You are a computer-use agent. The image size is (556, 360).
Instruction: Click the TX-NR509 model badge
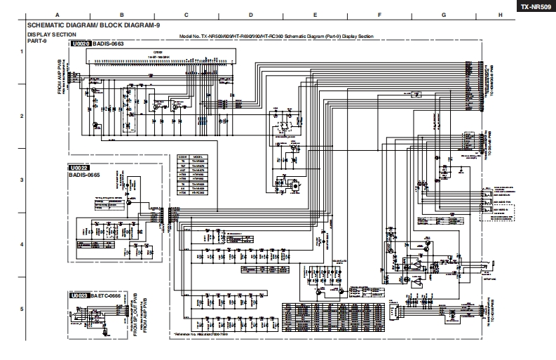(x=535, y=6)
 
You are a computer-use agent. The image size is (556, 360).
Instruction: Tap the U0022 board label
(x=79, y=168)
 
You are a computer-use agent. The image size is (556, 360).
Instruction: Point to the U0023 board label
(x=79, y=296)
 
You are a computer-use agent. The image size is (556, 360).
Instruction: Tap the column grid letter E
(x=315, y=15)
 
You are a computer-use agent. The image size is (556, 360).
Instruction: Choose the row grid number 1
(x=21, y=51)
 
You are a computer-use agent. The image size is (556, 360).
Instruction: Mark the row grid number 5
(x=21, y=309)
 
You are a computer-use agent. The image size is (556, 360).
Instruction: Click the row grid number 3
(x=21, y=180)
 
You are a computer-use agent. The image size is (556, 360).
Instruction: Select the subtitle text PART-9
(x=36, y=40)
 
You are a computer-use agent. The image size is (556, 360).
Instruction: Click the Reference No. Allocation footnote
(x=204, y=335)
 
